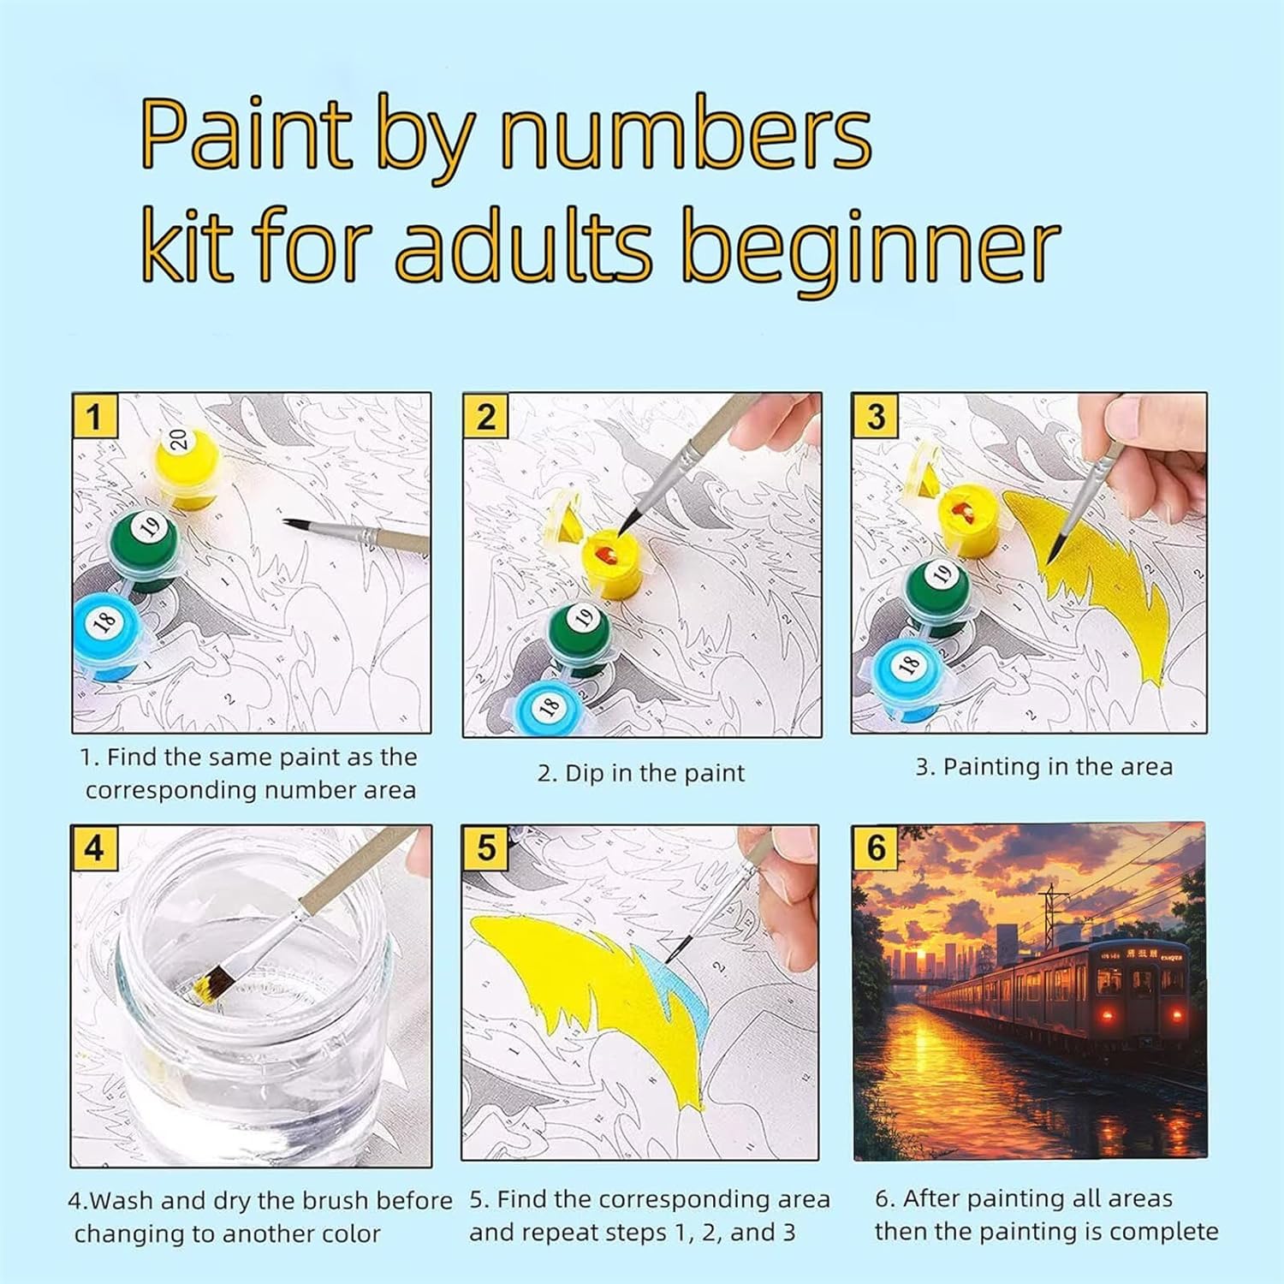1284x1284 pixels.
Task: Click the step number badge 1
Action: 94,417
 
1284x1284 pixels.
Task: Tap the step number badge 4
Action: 94,848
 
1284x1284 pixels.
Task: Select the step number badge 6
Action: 876,847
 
